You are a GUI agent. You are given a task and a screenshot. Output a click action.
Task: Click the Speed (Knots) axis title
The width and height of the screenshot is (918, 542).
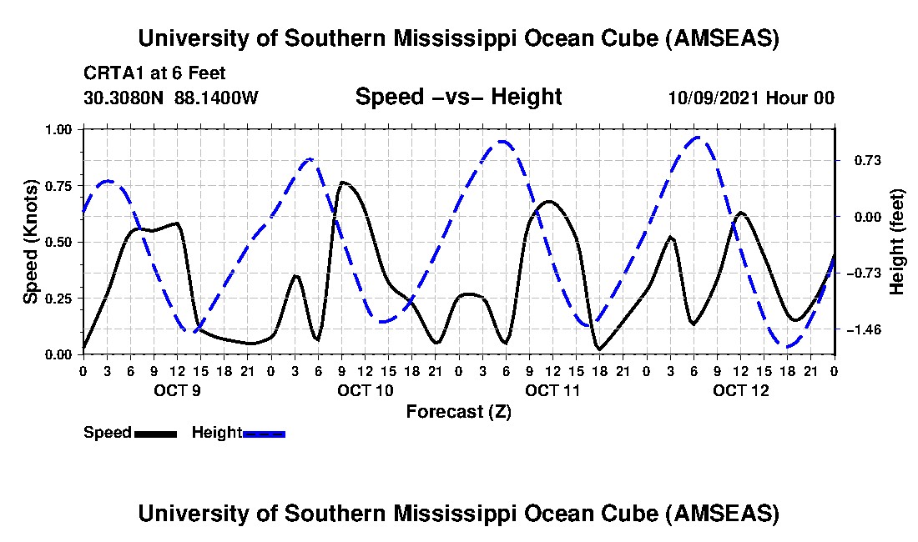31,242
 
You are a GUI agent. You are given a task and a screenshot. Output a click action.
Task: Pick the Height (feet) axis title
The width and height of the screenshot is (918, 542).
897,242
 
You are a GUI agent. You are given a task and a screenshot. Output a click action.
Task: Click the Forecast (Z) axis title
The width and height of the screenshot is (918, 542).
458,411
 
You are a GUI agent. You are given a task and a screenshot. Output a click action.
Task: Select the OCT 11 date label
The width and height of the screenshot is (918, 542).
552,390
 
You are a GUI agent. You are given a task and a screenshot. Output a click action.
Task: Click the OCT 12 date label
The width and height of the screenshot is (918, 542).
740,390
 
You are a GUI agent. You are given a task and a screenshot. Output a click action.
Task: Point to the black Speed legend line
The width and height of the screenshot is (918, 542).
155,434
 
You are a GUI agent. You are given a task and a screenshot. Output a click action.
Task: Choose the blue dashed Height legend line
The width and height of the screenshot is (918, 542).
264,434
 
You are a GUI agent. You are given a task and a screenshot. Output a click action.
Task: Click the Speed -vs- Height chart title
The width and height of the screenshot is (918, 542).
458,98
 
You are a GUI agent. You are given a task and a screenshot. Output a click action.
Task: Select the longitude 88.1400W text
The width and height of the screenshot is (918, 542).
216,98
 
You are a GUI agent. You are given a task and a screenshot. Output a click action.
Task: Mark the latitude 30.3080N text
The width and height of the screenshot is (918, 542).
124,98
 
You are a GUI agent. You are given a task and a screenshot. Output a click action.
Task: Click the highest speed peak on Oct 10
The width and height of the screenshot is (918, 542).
342,182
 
